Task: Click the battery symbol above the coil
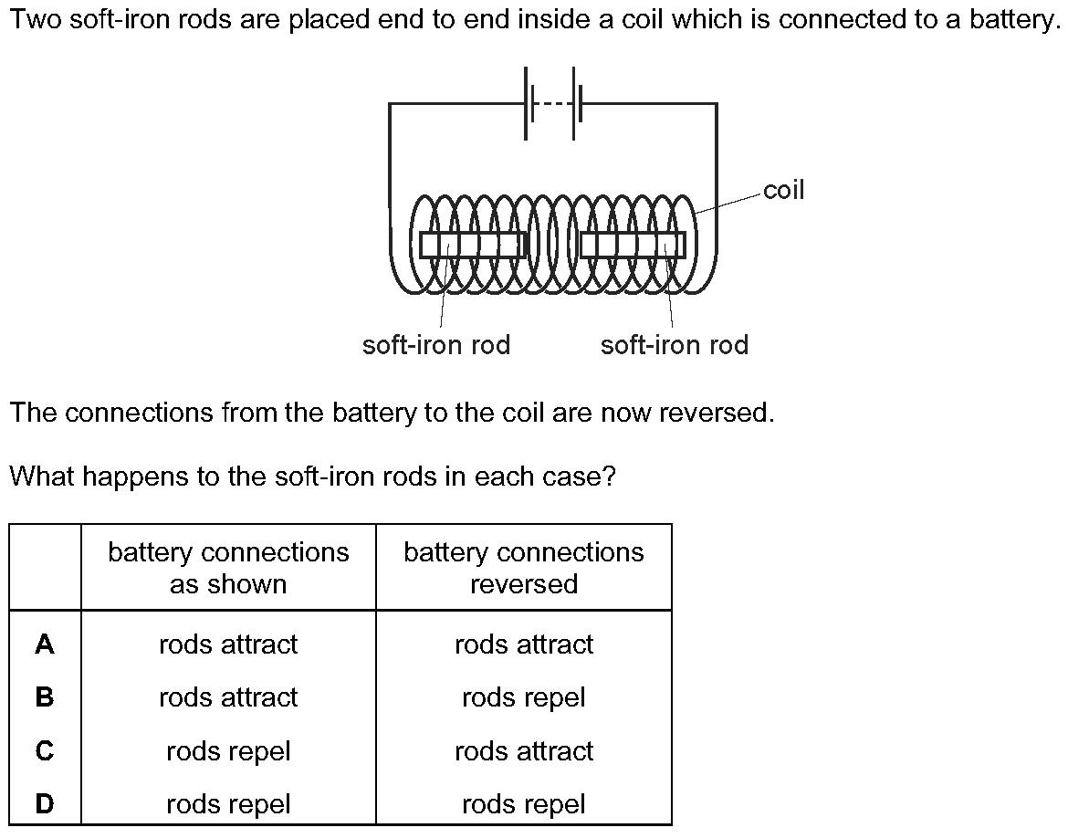point(550,103)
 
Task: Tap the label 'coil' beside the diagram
point(783,190)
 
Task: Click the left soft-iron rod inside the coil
point(473,246)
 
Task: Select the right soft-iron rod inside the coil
point(633,246)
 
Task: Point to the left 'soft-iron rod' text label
point(436,345)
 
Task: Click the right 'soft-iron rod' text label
point(675,345)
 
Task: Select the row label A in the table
point(45,644)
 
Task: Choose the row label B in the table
point(45,697)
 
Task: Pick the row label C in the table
point(45,750)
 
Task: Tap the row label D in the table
point(45,804)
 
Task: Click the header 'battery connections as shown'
point(228,568)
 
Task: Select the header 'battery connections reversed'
point(524,568)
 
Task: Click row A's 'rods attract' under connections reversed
point(524,644)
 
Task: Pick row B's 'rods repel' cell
point(524,697)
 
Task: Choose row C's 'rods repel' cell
point(228,751)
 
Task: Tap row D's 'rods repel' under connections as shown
point(228,804)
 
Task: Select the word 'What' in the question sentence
point(42,476)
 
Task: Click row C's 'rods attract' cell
point(524,750)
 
